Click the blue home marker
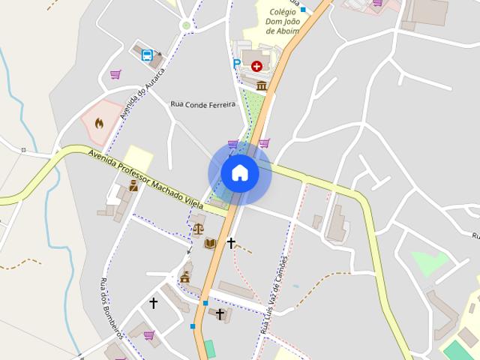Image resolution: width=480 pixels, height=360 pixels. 240,173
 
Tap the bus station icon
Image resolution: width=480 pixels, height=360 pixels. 147,55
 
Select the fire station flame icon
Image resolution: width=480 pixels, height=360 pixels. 99,122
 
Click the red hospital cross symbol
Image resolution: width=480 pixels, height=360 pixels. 257,66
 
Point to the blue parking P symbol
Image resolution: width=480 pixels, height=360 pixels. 237,64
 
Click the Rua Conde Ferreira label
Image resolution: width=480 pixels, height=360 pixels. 202,103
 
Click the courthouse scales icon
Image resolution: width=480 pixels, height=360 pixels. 198,229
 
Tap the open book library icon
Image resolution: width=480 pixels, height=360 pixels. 211,243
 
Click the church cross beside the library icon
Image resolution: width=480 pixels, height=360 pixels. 231,242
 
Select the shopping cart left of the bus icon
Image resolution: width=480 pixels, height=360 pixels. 115,74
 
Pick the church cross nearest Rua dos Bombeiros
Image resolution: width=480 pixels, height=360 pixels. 154,303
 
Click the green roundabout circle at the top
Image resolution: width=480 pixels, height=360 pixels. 186,25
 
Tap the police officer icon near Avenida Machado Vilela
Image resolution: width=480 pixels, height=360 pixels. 133,185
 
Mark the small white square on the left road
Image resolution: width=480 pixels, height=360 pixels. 23,150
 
